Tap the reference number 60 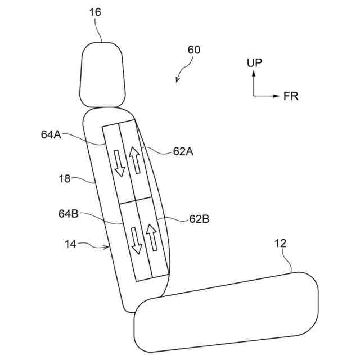pos(193,49)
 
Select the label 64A pos(51,134)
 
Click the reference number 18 pos(64,178)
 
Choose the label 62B pos(199,219)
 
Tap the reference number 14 pos(71,244)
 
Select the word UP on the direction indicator pos(254,63)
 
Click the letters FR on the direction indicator pos(291,96)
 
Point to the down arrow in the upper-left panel pos(119,163)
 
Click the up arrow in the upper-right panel pos(134,159)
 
